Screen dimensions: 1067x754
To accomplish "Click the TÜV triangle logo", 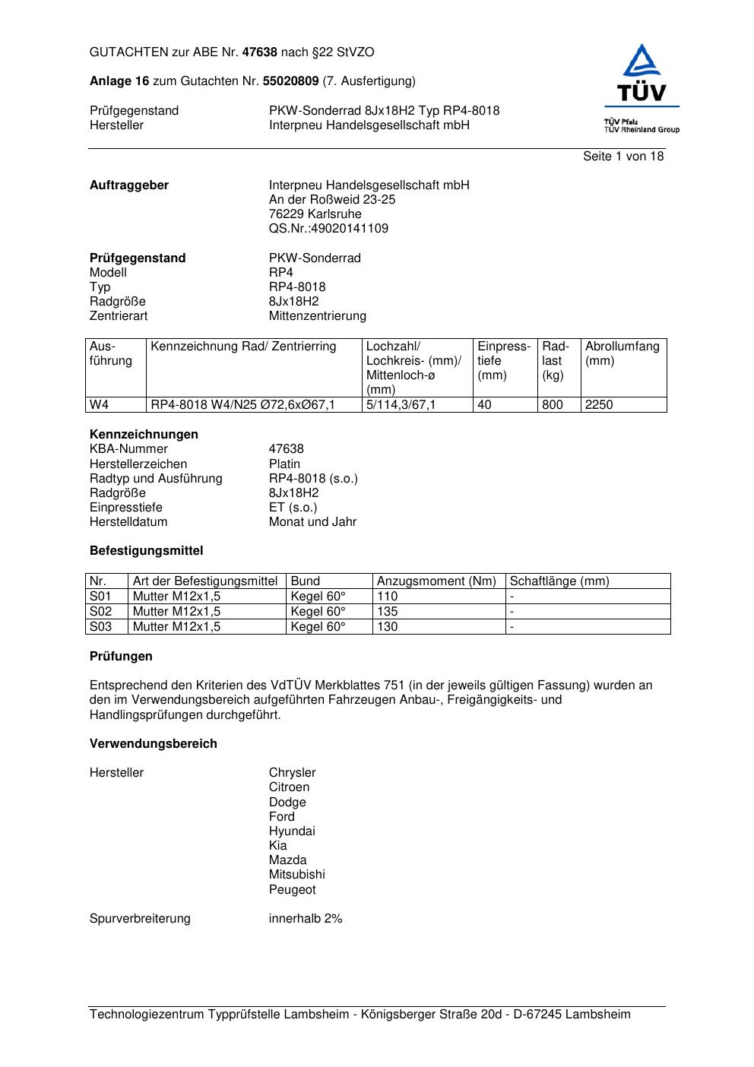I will point(643,62).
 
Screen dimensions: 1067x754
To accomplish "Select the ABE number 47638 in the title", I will point(260,52).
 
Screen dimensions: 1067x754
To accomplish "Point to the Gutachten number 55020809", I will point(290,81).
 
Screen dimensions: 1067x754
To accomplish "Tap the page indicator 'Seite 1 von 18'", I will point(623,157).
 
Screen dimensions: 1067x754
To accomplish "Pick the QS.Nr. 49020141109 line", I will point(328,229).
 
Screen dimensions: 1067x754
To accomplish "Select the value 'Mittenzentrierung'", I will point(317,316).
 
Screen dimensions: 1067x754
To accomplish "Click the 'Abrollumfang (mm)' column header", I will point(622,353).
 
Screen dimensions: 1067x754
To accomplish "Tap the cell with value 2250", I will point(599,405).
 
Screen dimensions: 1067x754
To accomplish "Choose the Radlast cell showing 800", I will point(553,405).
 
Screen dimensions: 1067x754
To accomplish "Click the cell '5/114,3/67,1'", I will point(401,405).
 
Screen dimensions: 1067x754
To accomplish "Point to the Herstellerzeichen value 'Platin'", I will point(284,464).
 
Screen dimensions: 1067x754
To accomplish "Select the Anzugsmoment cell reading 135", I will point(388,612).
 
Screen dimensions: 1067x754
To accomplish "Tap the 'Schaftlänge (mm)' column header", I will point(559,581).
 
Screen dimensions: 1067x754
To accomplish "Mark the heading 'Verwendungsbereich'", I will point(154,744).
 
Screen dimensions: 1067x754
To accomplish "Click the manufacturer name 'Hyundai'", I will point(292,831).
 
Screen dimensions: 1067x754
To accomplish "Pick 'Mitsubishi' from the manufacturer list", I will point(296,875).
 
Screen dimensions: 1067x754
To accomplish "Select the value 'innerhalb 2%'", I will point(306,919).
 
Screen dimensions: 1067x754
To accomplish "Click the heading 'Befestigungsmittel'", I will point(146,551).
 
